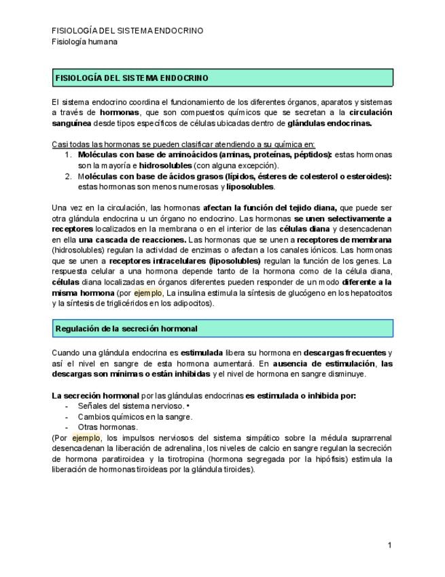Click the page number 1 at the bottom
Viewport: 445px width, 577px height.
click(x=390, y=545)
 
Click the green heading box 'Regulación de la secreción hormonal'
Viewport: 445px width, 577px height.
click(x=222, y=329)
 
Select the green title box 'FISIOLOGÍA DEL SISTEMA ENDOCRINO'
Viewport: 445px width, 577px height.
click(x=222, y=78)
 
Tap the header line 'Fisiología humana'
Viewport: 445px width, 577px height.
click(x=85, y=42)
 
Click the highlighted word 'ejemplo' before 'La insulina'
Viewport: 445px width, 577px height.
click(x=148, y=293)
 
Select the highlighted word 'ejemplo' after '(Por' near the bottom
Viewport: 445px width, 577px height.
click(x=86, y=438)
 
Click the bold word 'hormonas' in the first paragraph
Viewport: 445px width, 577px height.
click(x=120, y=112)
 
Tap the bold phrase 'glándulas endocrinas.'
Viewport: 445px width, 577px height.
click(x=330, y=123)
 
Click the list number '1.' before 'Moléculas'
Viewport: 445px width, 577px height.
click(x=69, y=155)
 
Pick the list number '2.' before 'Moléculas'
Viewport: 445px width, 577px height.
click(x=69, y=176)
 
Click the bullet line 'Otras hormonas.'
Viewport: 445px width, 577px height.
click(x=107, y=427)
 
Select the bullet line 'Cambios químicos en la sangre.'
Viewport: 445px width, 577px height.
click(x=135, y=416)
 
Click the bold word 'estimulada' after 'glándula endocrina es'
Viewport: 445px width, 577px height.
click(x=202, y=352)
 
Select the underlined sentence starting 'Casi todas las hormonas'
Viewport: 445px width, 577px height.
click(x=183, y=144)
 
